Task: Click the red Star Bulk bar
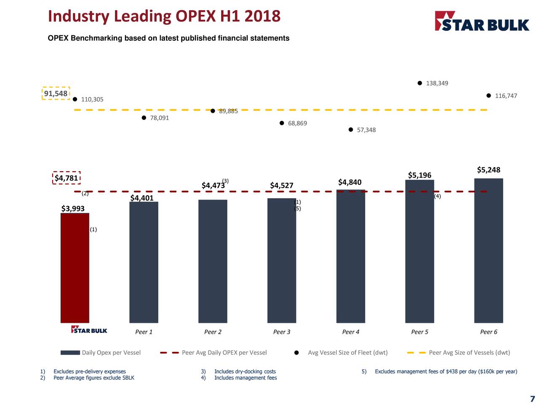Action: (75, 268)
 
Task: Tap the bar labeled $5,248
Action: (488, 250)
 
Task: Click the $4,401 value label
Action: (142, 198)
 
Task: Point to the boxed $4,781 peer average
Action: (67, 178)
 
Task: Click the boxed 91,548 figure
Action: (56, 93)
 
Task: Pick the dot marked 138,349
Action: (420, 83)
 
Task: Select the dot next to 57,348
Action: (351, 130)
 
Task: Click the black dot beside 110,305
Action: (75, 99)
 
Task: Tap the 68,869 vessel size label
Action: (297, 123)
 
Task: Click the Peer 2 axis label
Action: (213, 332)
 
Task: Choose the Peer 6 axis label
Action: (488, 332)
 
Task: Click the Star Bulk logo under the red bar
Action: (89, 330)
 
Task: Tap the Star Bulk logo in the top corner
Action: (482, 21)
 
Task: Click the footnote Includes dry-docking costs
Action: (245, 371)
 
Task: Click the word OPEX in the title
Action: (194, 16)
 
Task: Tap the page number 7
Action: (532, 399)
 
